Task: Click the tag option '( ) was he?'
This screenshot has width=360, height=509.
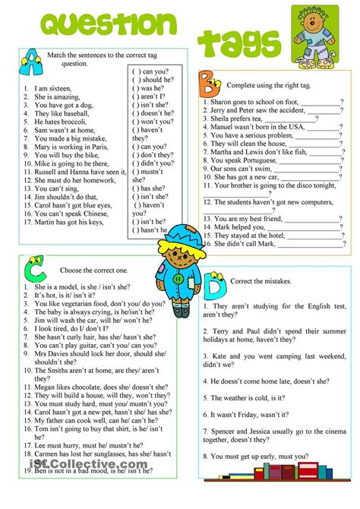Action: coord(151,88)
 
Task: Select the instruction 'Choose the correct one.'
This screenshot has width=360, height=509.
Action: coord(84,269)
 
